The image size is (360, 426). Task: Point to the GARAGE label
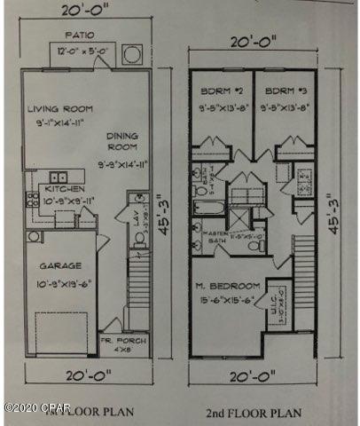coord(59,265)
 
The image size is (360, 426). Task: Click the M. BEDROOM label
coord(228,286)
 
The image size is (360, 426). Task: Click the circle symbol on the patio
coord(131,54)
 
